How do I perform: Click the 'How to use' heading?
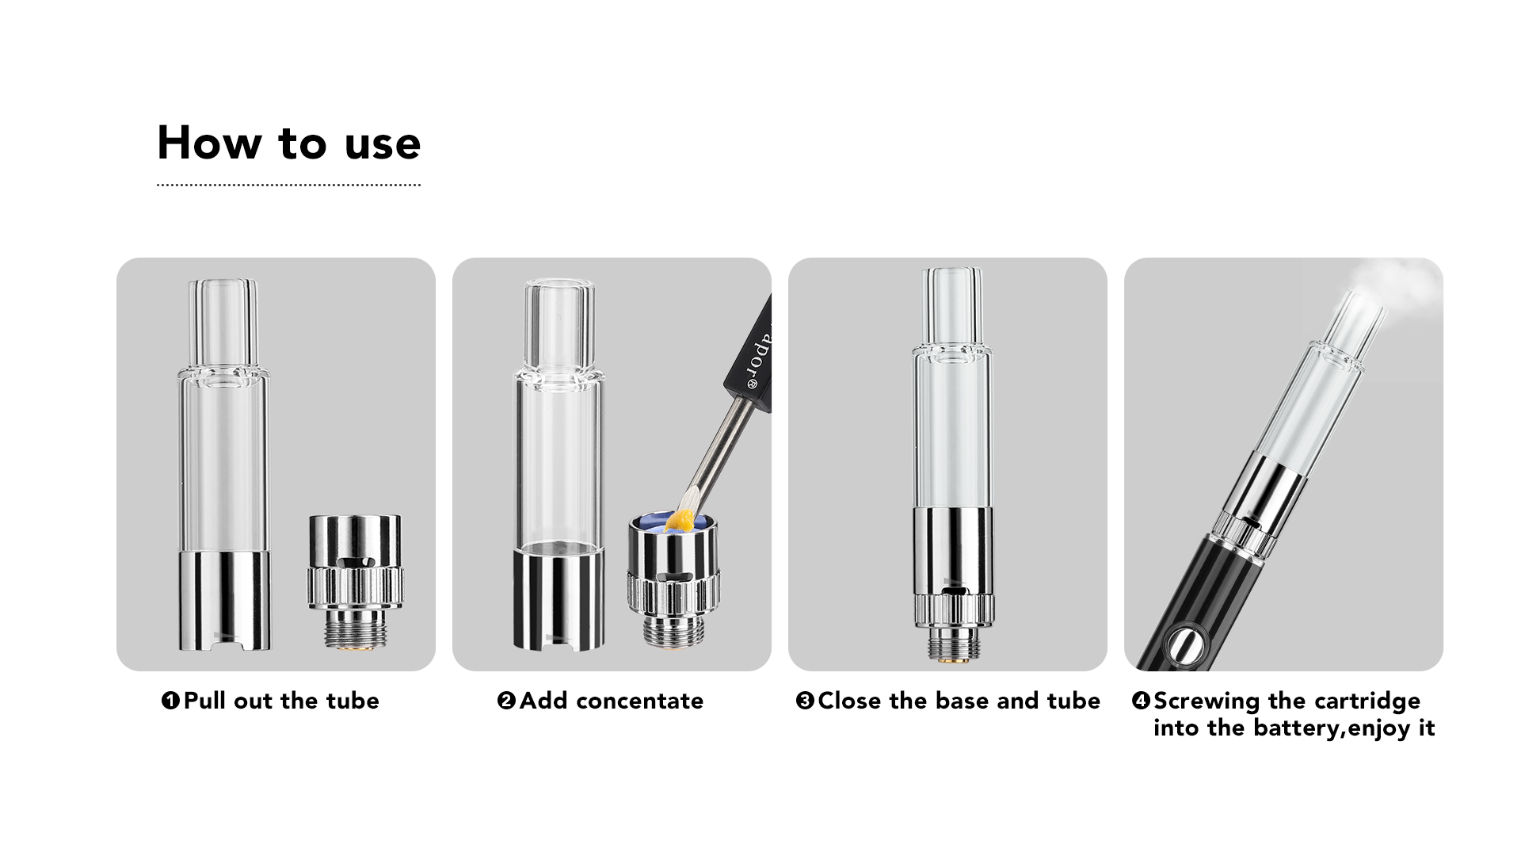tap(289, 143)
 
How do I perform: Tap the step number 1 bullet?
tap(170, 701)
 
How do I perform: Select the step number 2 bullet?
tap(506, 701)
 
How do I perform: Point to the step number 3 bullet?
tap(805, 701)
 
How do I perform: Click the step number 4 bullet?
tap(1141, 701)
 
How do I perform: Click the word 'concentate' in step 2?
tap(639, 701)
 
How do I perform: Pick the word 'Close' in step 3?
tap(850, 701)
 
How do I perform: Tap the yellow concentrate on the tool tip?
tap(681, 519)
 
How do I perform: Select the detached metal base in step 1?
tap(354, 583)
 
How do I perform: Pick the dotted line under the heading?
tap(288, 185)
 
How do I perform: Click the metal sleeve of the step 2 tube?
tap(558, 598)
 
